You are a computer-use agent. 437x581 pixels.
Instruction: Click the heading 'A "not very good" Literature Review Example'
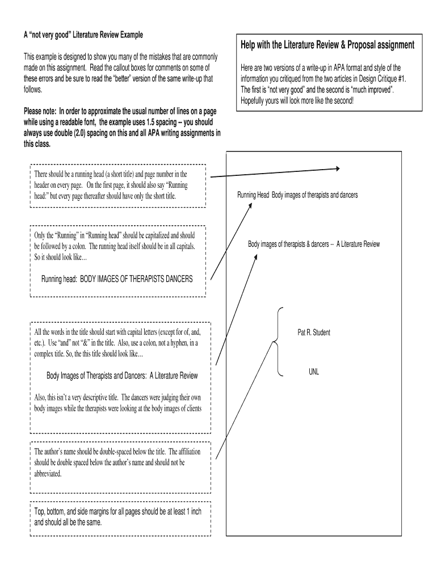point(83,35)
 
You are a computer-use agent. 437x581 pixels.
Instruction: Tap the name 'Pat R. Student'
point(314,332)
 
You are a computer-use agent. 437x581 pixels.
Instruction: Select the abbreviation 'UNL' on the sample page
point(314,372)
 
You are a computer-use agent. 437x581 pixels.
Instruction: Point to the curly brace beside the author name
point(278,342)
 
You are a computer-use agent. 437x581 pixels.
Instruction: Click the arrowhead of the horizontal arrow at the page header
point(337,169)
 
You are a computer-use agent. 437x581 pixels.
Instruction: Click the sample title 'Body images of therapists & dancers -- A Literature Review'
point(314,245)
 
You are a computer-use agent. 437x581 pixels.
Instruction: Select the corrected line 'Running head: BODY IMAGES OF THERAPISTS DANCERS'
point(117,279)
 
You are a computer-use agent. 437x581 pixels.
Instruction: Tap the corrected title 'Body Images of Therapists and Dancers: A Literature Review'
point(121,376)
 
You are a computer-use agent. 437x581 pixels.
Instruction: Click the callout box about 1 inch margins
point(120,517)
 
